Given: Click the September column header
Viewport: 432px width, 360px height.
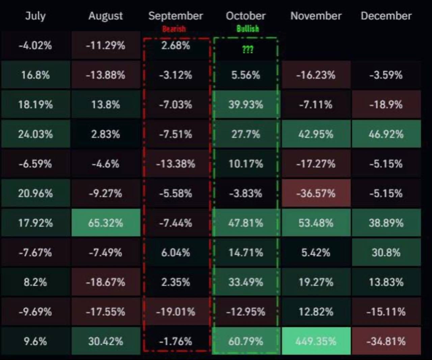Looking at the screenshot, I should pos(175,16).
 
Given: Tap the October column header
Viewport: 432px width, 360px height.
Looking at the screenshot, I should pos(246,16).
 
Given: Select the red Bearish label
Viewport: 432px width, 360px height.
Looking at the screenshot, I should pos(174,29).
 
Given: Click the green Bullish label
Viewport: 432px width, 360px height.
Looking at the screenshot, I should pos(247,29).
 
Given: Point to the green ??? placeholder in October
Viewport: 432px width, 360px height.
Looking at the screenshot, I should pos(247,50).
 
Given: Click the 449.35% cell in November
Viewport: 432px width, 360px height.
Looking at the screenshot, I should pos(316,341).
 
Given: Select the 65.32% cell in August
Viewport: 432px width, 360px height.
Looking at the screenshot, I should pos(106,223).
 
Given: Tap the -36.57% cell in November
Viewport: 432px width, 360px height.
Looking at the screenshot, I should pos(316,193).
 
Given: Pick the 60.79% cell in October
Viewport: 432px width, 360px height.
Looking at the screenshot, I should pos(246,341).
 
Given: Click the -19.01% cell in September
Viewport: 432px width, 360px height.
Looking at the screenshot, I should pos(175,312).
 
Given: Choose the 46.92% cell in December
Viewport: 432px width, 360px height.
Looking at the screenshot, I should pos(386,134).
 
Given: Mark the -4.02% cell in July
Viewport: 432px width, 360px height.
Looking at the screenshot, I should pos(35,45).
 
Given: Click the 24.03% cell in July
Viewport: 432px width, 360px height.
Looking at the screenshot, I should pos(35,134).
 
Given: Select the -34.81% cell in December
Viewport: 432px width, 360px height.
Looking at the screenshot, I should pos(386,341).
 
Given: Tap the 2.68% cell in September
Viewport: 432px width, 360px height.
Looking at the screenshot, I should pos(175,45).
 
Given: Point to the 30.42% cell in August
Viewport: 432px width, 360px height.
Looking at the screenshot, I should pos(106,341).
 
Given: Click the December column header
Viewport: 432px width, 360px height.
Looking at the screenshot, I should pos(386,16).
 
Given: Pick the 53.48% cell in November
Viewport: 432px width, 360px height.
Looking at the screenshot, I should pos(316,223).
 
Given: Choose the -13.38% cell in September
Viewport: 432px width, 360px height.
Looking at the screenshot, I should pos(175,164).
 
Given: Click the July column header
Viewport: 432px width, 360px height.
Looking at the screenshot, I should pos(35,16).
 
